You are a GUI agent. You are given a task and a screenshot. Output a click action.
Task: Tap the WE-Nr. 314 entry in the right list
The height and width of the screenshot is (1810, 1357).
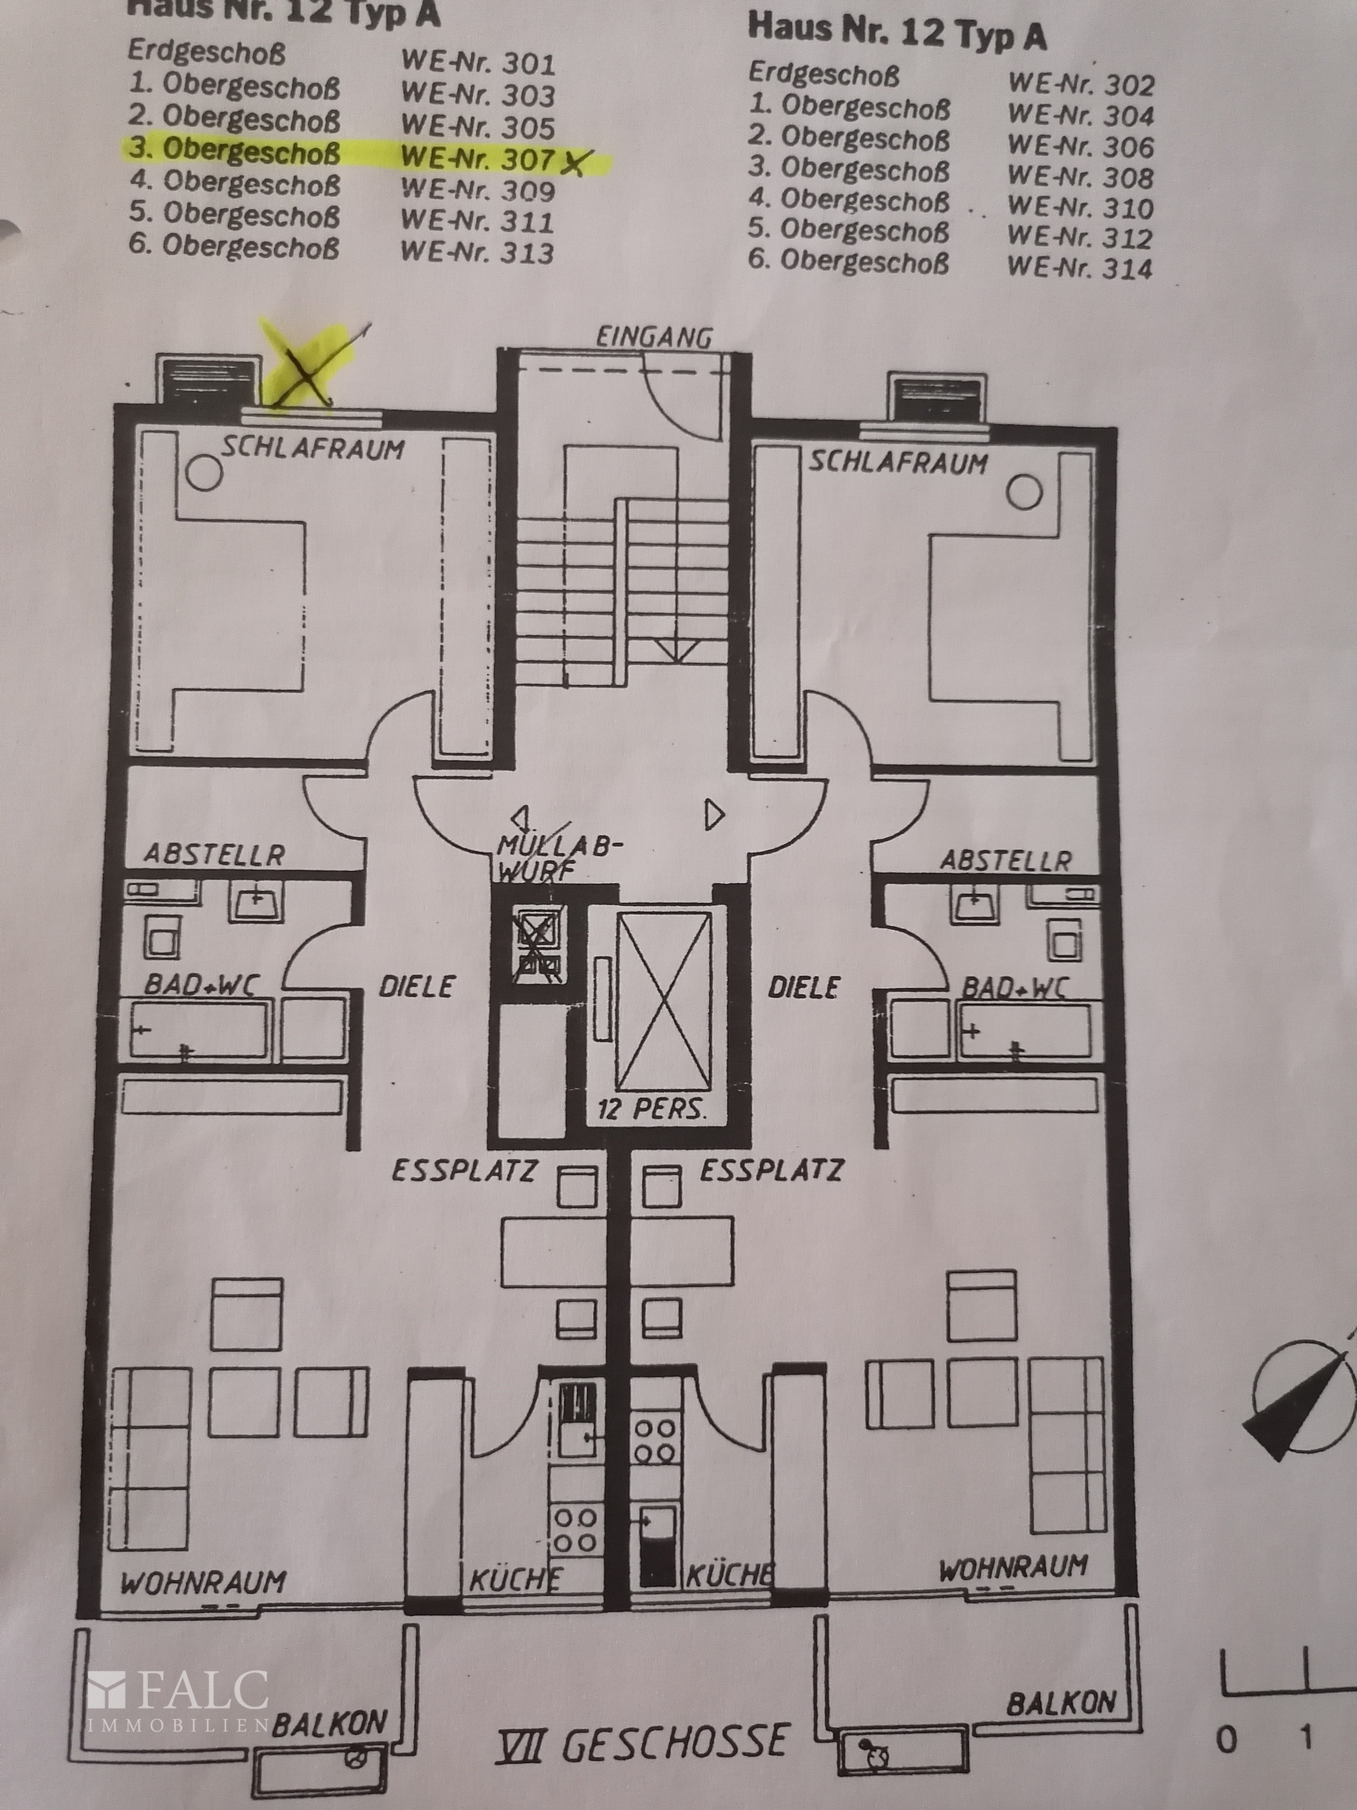(x=1080, y=267)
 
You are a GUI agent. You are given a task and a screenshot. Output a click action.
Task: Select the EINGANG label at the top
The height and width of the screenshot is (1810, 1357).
(x=654, y=337)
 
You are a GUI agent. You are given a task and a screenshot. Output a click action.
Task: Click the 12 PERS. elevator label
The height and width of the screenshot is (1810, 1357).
(x=651, y=1110)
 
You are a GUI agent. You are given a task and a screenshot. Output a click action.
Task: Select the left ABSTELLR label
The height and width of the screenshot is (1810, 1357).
(x=214, y=854)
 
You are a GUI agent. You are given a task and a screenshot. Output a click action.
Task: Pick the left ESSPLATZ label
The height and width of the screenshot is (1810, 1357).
(x=464, y=1170)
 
